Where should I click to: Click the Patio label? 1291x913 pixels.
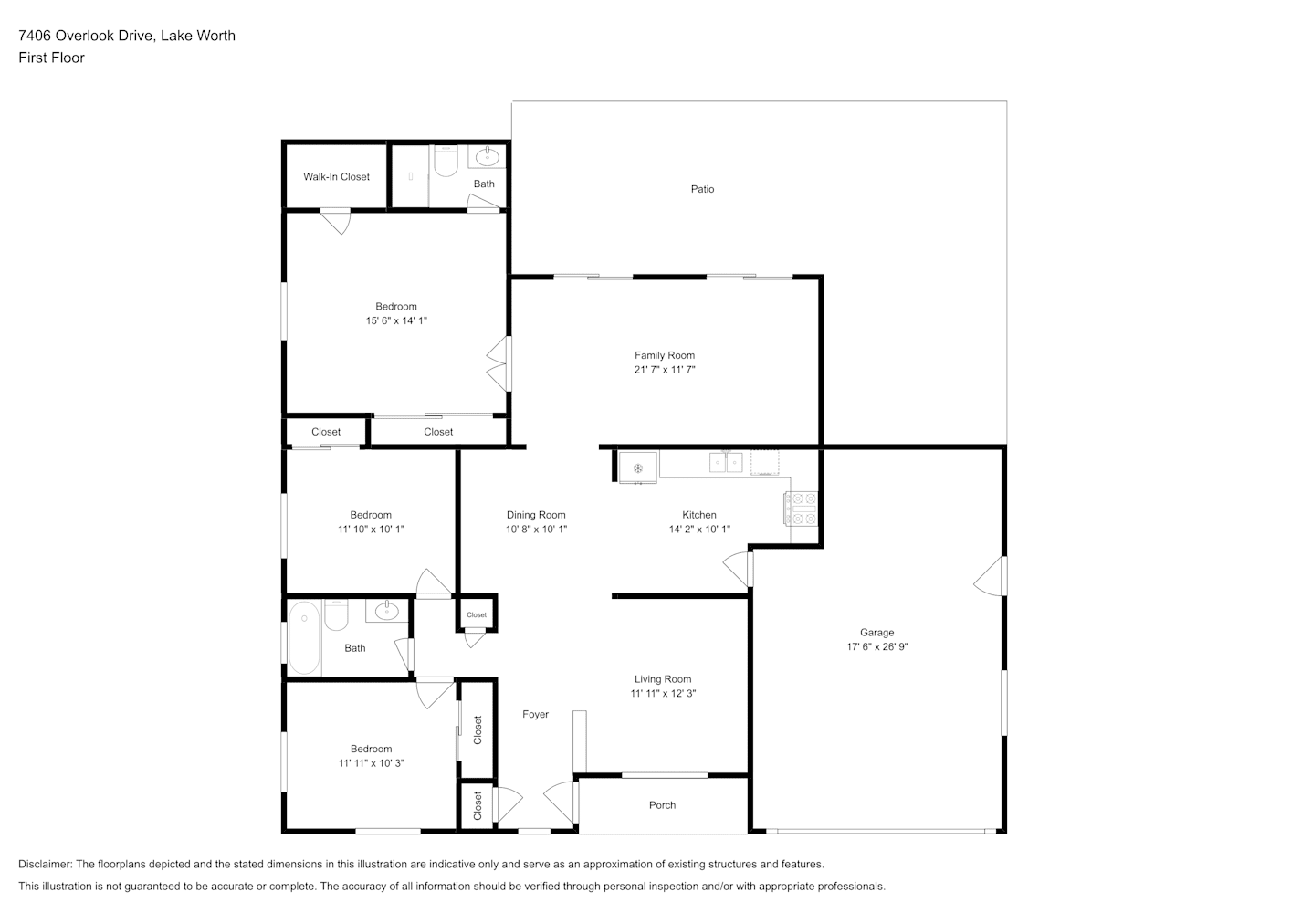702,189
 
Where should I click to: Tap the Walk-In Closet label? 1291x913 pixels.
337,177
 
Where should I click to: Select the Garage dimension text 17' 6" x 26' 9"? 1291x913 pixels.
877,646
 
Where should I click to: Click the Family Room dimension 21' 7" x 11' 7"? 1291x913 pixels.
665,370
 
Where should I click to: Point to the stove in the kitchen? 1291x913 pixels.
801,509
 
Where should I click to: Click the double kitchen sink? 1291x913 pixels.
726,462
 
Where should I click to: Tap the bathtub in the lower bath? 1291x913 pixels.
304,637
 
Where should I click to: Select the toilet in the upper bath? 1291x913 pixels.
446,161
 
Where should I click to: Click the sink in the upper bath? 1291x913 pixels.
488,156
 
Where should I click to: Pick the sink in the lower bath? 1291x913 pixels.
387,611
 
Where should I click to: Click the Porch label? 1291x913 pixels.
662,805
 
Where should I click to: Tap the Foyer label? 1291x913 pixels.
535,715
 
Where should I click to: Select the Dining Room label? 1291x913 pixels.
536,515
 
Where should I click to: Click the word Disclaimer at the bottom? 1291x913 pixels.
46,864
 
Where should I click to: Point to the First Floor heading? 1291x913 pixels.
51,58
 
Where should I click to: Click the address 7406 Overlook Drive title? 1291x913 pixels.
86,36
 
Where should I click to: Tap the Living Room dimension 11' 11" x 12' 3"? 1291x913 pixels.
663,693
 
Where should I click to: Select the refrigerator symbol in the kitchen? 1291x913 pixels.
638,467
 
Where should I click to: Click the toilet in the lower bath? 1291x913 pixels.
336,615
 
